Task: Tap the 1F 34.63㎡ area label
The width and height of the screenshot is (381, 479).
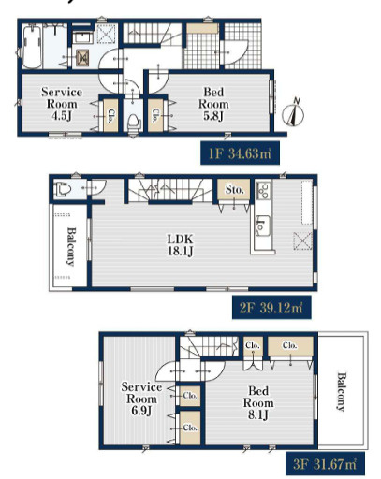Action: [240, 153]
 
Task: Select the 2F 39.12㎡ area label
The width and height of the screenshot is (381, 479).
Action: [271, 308]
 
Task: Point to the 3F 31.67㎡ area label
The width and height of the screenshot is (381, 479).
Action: [325, 464]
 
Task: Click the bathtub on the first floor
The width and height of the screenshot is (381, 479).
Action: [32, 47]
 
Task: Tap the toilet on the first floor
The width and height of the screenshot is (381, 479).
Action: [133, 123]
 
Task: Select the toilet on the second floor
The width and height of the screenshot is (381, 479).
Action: [63, 189]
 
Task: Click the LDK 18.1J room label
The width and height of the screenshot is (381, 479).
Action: [181, 245]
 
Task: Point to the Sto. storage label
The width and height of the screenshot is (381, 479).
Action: [235, 189]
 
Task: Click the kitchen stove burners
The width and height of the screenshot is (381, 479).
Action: [263, 191]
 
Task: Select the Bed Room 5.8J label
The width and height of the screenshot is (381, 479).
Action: [213, 104]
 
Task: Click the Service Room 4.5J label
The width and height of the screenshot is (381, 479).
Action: [62, 104]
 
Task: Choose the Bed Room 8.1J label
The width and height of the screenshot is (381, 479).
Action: [258, 402]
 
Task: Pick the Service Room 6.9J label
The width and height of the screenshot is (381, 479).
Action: [141, 399]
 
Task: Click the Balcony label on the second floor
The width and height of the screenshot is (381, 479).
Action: [71, 247]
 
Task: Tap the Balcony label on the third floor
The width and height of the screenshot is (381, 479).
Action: [341, 392]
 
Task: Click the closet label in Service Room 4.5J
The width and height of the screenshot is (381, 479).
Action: [110, 116]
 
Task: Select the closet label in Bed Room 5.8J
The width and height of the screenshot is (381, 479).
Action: [155, 115]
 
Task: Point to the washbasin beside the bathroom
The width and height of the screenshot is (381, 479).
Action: [82, 38]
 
